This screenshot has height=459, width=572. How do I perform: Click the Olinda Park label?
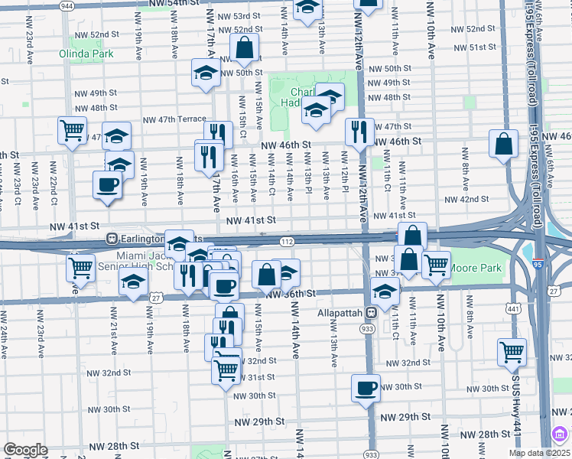pyautogui.click(x=86, y=54)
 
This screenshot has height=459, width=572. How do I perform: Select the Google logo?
pyautogui.click(x=25, y=450)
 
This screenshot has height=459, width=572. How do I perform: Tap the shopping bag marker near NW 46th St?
pyautogui.click(x=504, y=145)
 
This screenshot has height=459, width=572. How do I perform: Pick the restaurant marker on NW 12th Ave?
pyautogui.click(x=358, y=132)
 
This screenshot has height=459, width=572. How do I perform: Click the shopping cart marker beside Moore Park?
pyautogui.click(x=436, y=265)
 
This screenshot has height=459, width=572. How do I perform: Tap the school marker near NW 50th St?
pyautogui.click(x=205, y=73)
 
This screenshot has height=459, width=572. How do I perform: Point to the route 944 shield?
pyautogui.click(x=67, y=5)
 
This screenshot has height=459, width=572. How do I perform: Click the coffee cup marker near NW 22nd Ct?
pyautogui.click(x=107, y=184)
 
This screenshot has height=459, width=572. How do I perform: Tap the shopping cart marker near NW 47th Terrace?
pyautogui.click(x=72, y=130)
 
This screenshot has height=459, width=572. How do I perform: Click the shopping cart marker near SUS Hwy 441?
pyautogui.click(x=512, y=352)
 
